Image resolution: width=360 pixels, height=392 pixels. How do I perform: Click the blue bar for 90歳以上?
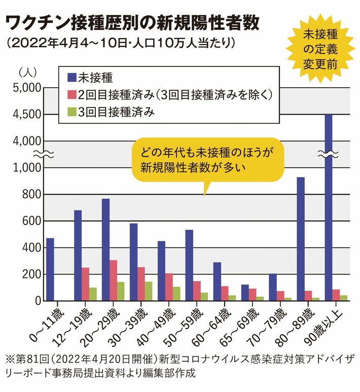pyautogui.click(x=328, y=208)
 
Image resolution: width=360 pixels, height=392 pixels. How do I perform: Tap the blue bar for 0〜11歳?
pyautogui.click(x=50, y=269)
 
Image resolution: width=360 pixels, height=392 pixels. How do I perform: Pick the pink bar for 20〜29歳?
pyautogui.click(x=113, y=280)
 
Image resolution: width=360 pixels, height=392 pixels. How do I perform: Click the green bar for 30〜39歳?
pyautogui.click(x=149, y=291)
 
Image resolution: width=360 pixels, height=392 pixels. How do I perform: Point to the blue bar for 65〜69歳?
pyautogui.click(x=244, y=293)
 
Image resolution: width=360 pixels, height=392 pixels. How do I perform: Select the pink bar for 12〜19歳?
pyautogui.click(x=85, y=284)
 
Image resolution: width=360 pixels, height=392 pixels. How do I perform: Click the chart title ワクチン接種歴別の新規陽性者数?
pyautogui.click(x=132, y=22)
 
